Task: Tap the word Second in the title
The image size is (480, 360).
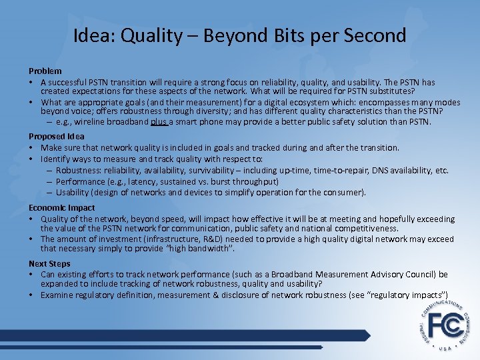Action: tap(375, 35)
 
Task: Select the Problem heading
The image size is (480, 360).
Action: tap(45, 71)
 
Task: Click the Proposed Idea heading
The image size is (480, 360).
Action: tap(57, 137)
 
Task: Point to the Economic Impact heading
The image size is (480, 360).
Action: tap(62, 207)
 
